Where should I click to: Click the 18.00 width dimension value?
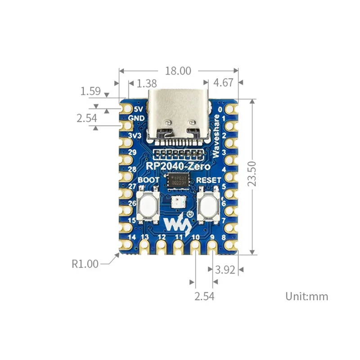pyautogui.click(x=179, y=71)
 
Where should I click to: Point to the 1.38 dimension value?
pyautogui.click(x=146, y=83)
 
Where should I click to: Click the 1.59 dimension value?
pyautogui.click(x=90, y=91)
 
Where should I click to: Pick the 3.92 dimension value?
pyautogui.click(x=225, y=270)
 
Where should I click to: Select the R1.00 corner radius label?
pyautogui.click(x=85, y=264)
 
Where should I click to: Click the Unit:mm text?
pyautogui.click(x=306, y=297)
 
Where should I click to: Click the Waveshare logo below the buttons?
pyautogui.click(x=174, y=222)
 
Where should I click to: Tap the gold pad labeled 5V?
pyautogui.click(x=126, y=109)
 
